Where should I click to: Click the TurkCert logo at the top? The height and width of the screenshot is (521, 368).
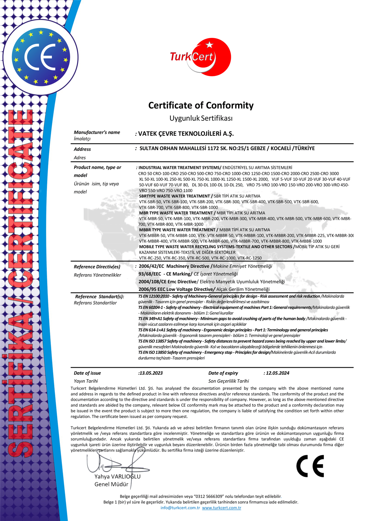click(x=200, y=57)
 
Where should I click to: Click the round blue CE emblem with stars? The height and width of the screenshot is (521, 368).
click(x=41, y=57)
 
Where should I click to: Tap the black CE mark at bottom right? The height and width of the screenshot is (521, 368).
click(x=310, y=466)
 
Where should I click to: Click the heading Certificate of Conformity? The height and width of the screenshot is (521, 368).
click(x=201, y=105)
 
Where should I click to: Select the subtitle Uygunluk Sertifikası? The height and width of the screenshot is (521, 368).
click(x=201, y=118)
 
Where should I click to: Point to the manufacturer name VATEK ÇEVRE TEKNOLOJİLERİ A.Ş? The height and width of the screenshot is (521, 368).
click(x=186, y=134)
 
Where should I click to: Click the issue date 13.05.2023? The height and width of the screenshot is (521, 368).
click(x=151, y=373)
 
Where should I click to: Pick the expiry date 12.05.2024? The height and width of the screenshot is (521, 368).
click(x=277, y=373)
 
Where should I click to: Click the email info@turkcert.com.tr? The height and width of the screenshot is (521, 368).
click(x=180, y=508)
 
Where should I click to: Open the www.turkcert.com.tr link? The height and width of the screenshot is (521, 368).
click(x=221, y=508)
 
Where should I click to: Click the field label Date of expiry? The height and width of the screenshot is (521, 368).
click(x=223, y=373)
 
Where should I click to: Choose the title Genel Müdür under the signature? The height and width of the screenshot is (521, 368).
click(x=111, y=484)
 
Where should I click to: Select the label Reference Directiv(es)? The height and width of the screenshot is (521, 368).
click(x=97, y=267)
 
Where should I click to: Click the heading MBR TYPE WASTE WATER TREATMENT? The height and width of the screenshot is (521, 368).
click(x=176, y=213)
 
